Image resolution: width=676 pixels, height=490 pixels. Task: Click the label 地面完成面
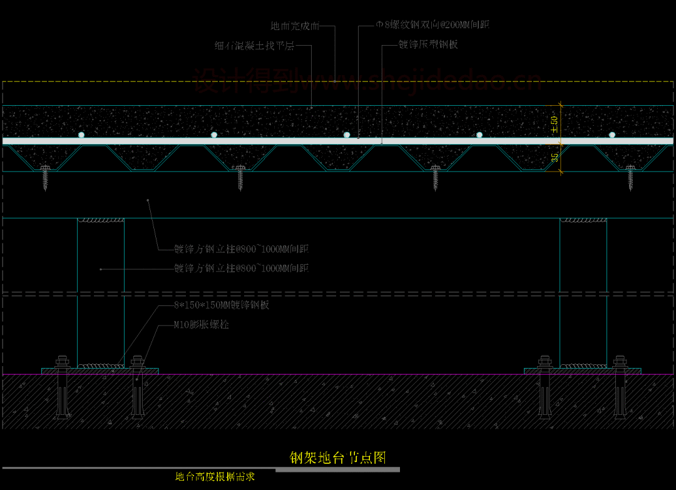[x=295, y=26]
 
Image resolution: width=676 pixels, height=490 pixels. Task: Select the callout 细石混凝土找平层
[x=254, y=46]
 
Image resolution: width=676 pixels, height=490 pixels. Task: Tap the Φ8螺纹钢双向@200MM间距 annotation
[x=432, y=25]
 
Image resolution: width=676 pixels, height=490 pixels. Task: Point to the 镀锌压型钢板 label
[x=428, y=45]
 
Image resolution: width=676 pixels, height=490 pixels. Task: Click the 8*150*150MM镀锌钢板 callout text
[x=221, y=305]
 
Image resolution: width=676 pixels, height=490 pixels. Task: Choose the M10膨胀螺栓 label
[x=202, y=325]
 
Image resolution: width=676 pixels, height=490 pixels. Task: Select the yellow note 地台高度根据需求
[x=215, y=477]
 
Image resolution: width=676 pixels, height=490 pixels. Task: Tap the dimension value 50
[x=554, y=121]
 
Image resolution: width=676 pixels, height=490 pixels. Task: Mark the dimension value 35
[x=555, y=158]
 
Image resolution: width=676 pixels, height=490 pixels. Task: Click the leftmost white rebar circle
[x=81, y=135]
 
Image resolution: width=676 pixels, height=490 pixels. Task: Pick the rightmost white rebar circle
[x=612, y=135]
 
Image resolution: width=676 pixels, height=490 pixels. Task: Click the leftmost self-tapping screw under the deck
[x=45, y=177]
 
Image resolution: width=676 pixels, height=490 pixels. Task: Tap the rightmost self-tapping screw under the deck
[x=630, y=177]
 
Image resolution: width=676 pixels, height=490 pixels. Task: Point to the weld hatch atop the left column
[x=101, y=220]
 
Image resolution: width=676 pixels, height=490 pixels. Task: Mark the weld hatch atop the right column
[x=583, y=220]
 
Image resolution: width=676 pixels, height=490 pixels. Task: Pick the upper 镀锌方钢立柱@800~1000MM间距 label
[x=241, y=249]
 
